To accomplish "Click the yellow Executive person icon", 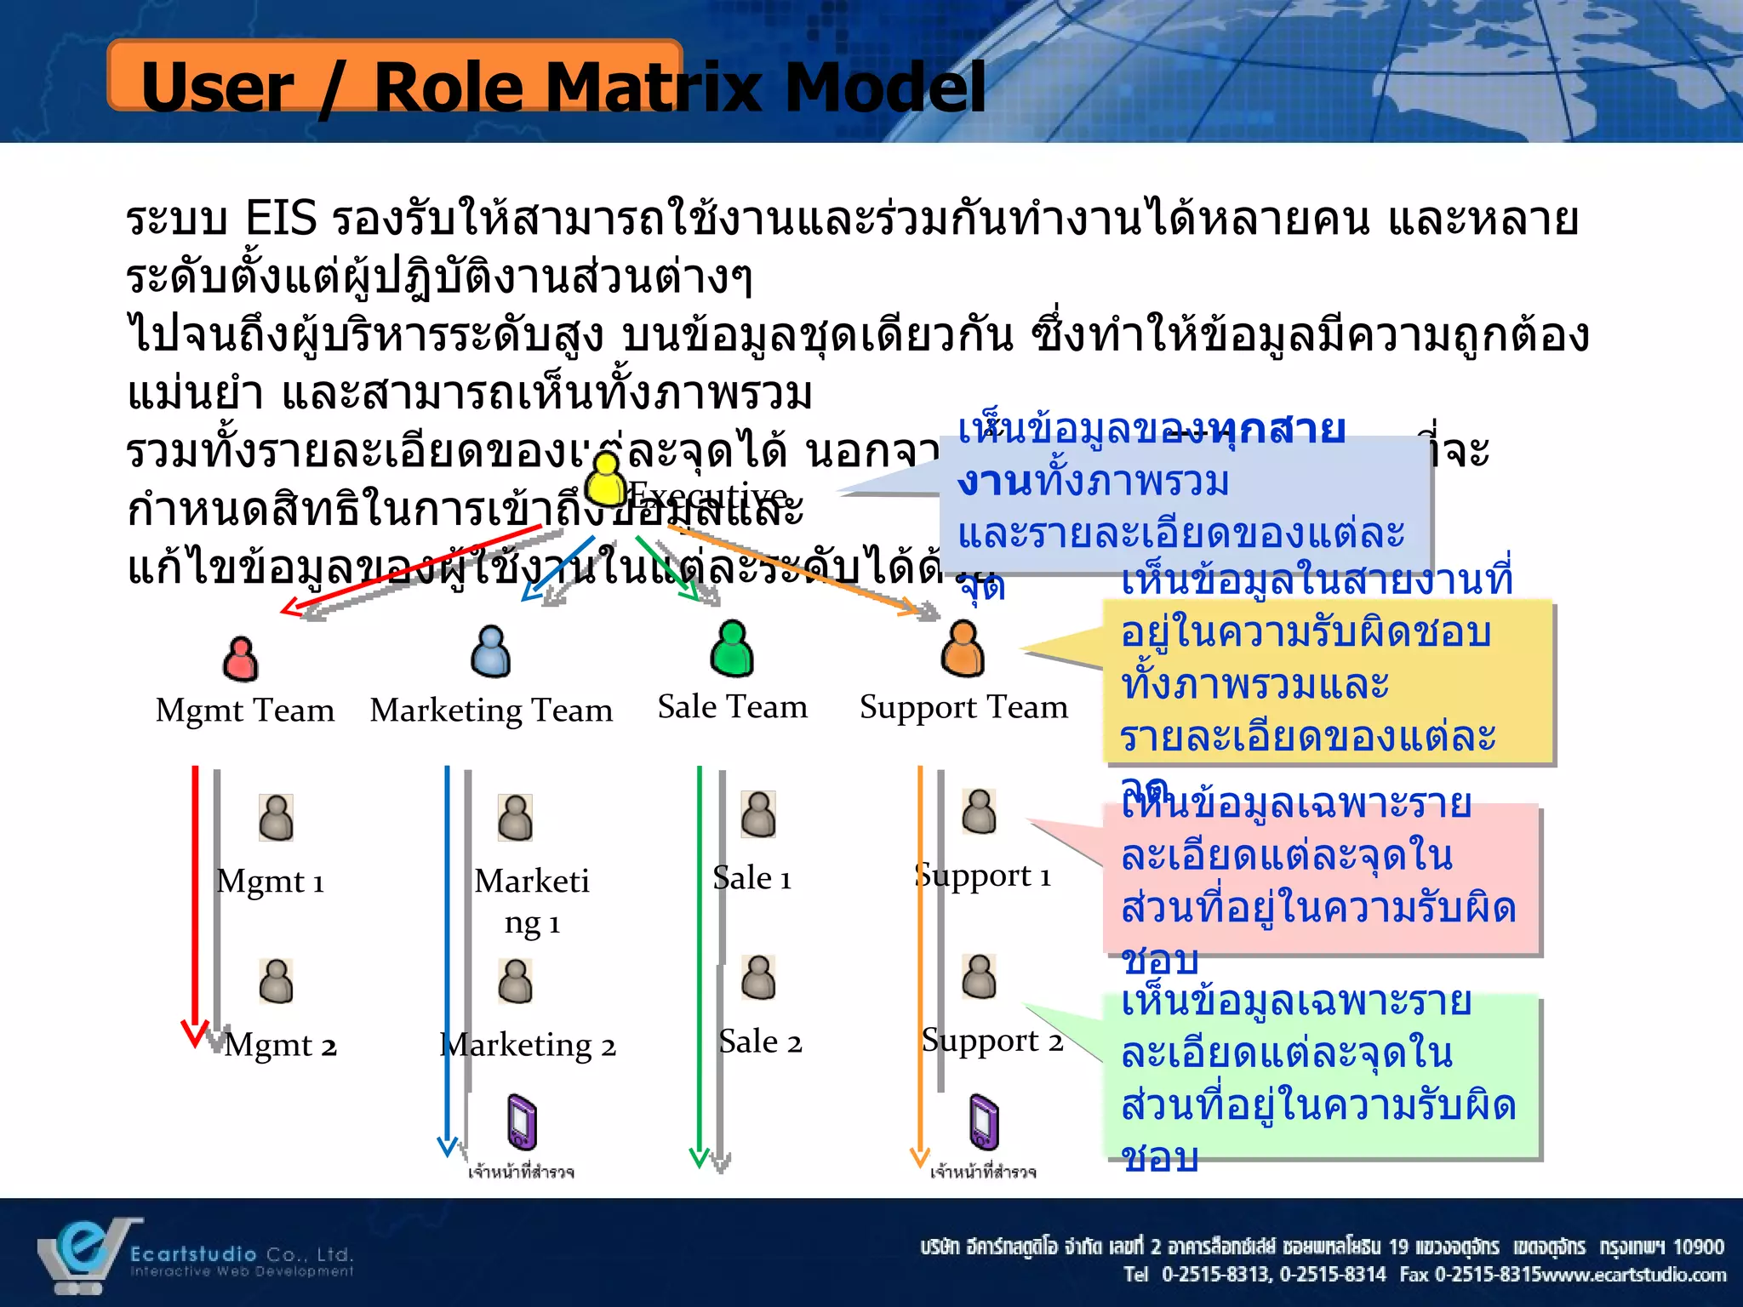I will pos(606,478).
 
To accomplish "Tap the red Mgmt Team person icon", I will pos(241,659).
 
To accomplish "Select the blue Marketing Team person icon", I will pos(491,652).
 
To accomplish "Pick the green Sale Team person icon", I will pos(732,648).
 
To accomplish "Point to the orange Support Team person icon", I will pos(963,648).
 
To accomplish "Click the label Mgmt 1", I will pos(271,882).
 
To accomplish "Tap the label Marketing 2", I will pos(529,1045).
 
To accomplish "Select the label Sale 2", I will pos(760,1042).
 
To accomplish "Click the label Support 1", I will pos(984,876).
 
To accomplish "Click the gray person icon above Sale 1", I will pos(757,814).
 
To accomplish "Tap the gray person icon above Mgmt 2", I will pos(276,981).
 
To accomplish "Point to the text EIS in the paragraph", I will pos(281,219).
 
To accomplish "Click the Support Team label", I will pos(963,707).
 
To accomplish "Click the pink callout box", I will pos(1322,881).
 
